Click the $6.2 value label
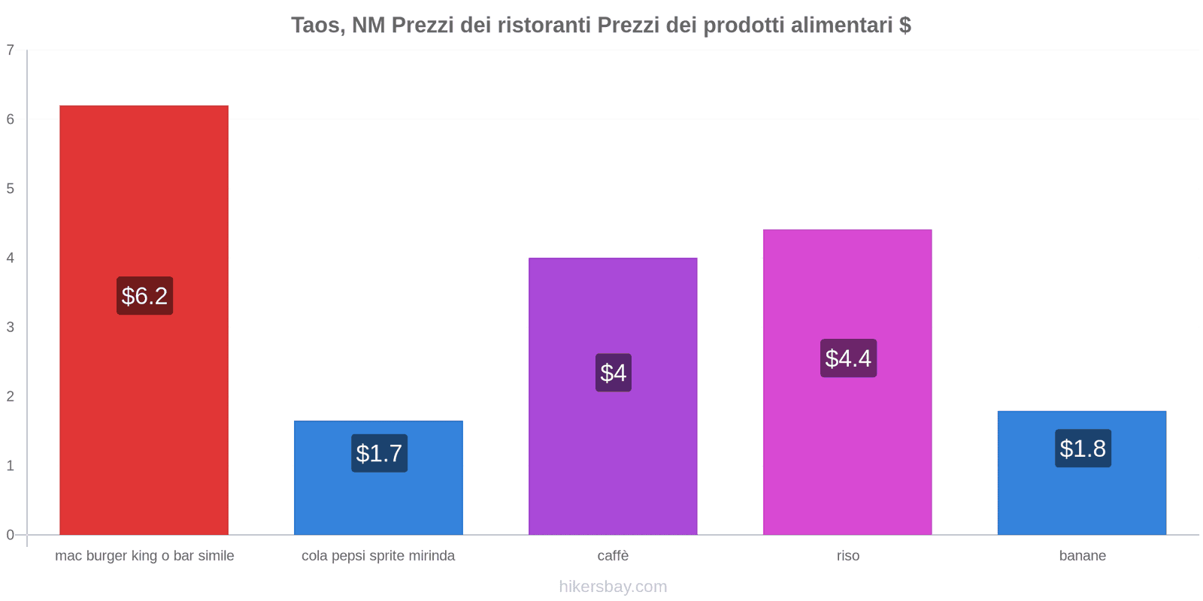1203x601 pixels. tap(144, 296)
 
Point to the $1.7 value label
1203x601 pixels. tap(379, 454)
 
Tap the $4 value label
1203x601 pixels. tap(614, 373)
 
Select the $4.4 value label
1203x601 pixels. tap(848, 358)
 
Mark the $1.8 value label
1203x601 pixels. tap(1083, 448)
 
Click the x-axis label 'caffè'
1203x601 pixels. tap(613, 556)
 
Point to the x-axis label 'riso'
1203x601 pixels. tap(848, 556)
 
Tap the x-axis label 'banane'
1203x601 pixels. tap(1083, 556)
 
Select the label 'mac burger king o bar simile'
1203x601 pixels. tap(144, 556)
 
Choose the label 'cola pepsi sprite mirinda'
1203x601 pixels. tap(378, 556)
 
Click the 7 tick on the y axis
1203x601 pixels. tap(11, 50)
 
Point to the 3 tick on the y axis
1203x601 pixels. tap(11, 327)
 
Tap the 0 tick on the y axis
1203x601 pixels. tap(11, 535)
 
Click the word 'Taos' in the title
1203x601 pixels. tap(317, 26)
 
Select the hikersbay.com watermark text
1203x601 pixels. tap(613, 587)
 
